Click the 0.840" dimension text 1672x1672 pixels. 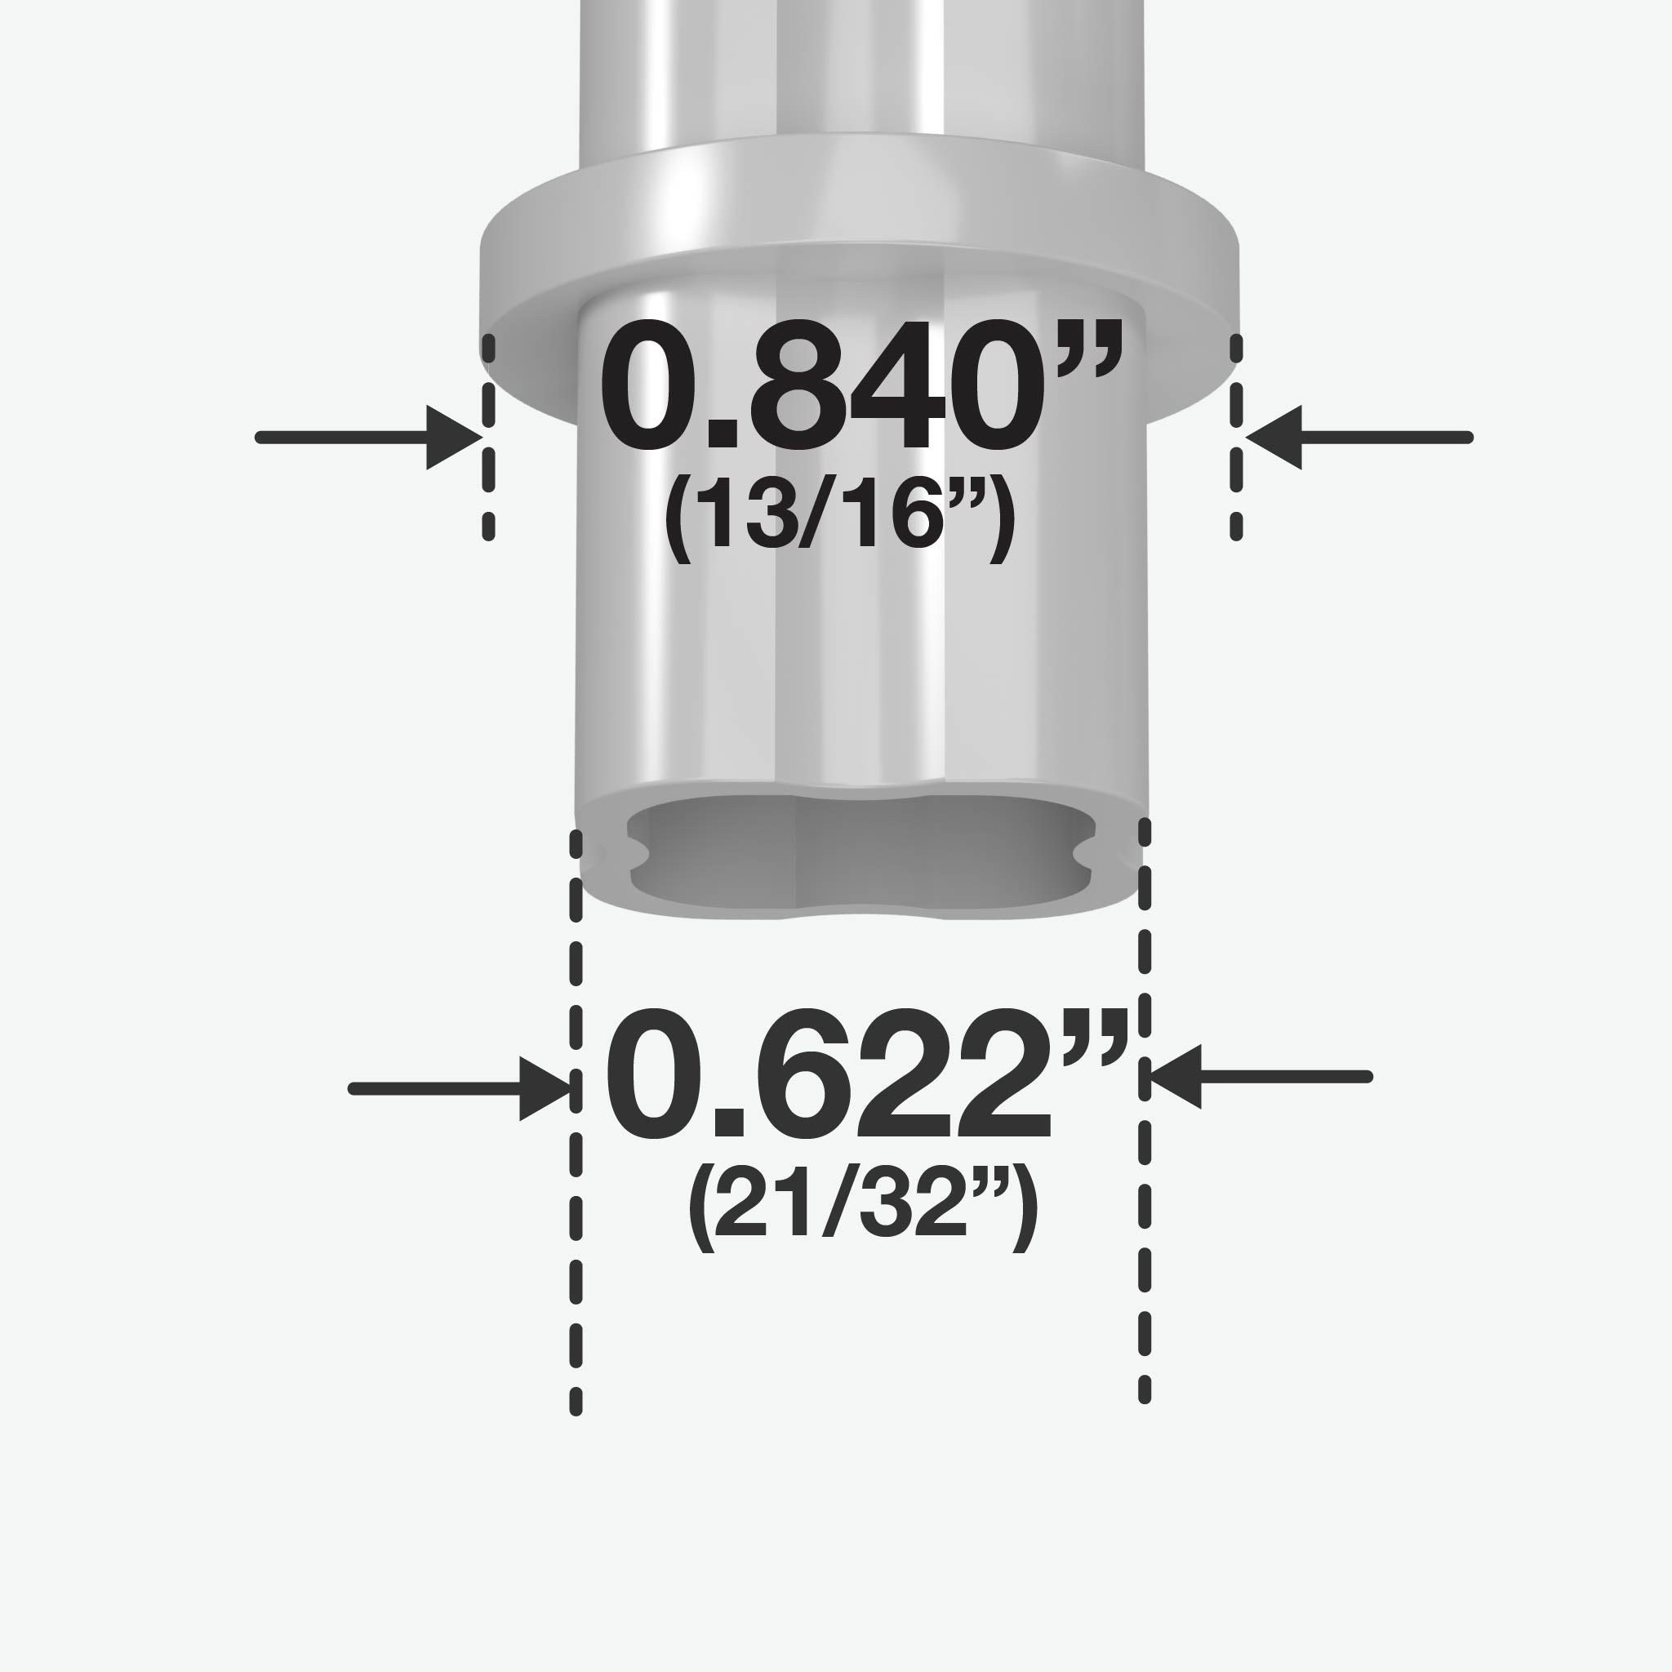point(861,386)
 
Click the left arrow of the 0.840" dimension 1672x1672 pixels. point(370,437)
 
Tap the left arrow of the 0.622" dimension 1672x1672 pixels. point(459,1089)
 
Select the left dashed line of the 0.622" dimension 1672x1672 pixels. point(576,1125)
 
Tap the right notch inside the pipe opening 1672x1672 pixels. point(1084,853)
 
